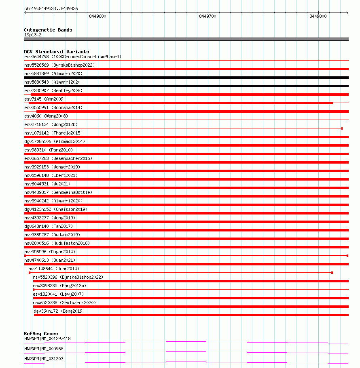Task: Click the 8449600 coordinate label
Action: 97,17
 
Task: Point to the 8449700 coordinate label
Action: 208,17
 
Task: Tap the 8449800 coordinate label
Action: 318,17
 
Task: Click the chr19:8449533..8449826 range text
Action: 51,8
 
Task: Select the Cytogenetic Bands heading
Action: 48,30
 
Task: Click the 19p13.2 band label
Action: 33,35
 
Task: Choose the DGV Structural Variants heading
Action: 56,52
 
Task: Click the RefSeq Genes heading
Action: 41,334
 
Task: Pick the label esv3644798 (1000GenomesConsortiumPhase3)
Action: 72,57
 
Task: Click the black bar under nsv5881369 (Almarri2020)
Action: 186,78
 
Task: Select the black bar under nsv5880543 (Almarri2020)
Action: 186,86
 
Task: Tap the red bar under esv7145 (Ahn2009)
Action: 180,103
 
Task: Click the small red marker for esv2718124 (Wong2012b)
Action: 342,128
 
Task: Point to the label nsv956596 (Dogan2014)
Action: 49,252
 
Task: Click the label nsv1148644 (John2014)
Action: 53,269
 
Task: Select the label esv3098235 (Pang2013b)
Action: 59,286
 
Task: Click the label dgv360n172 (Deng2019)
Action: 59,311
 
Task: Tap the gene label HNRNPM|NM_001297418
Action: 47,339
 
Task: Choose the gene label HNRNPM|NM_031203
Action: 44,359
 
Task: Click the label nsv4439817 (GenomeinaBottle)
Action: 58,192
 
